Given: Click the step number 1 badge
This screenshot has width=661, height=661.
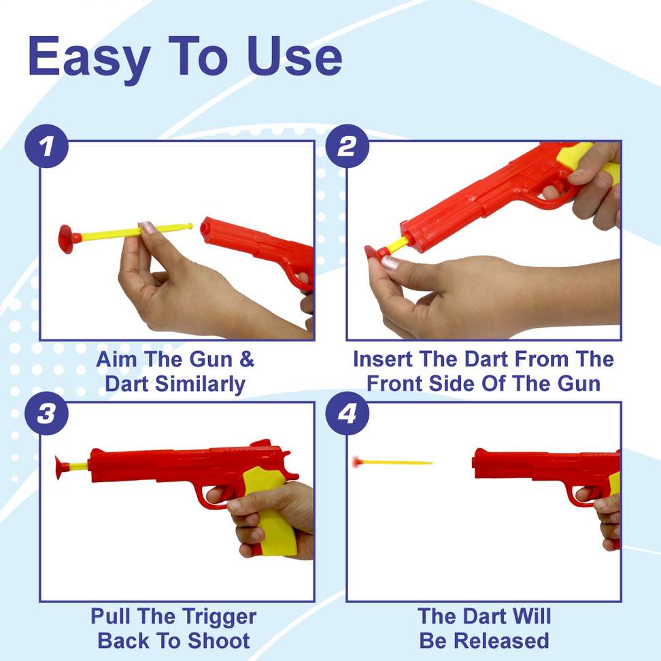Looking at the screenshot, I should (x=46, y=147).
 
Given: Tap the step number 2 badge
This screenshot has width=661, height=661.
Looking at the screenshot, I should (x=347, y=147).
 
